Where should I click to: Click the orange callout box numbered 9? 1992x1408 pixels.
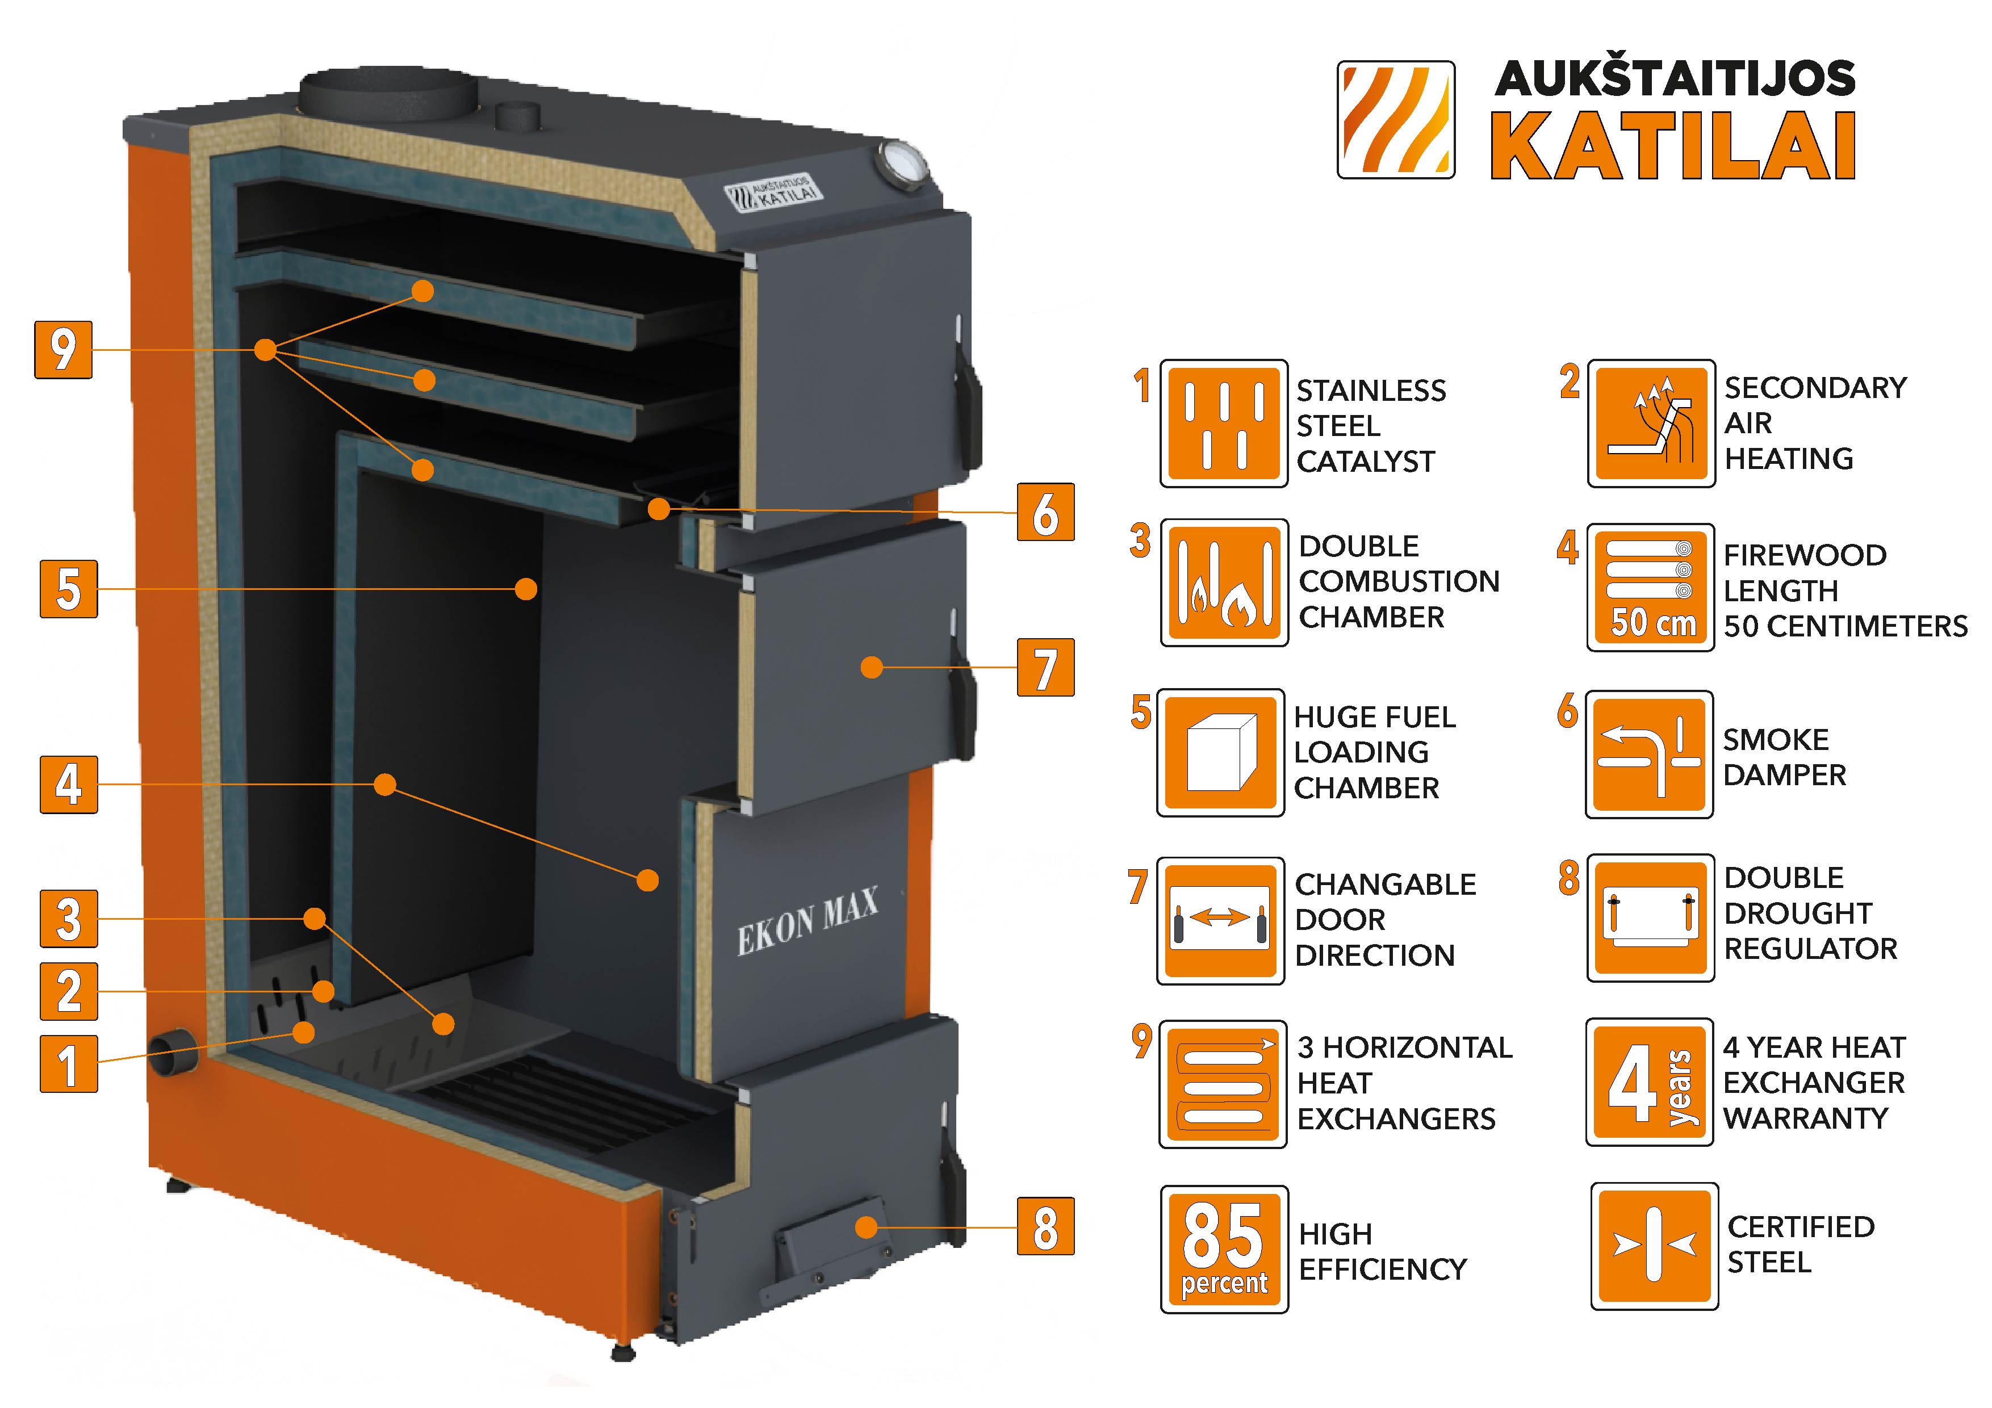pyautogui.click(x=64, y=350)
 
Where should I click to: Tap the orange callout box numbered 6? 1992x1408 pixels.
pyautogui.click(x=1045, y=513)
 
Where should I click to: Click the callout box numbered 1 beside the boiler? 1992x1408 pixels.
pyautogui.click(x=69, y=1063)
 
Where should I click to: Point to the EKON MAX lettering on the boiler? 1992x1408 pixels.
pyautogui.click(x=807, y=921)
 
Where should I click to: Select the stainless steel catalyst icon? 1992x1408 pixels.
pyautogui.click(x=1223, y=424)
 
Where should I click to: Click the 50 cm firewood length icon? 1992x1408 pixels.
pyautogui.click(x=1650, y=587)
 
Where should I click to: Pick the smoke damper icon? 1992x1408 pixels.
pyautogui.click(x=1648, y=755)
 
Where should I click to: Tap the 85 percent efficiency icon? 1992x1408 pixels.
pyautogui.click(x=1223, y=1249)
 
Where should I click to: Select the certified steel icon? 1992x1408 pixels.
pyautogui.click(x=1654, y=1246)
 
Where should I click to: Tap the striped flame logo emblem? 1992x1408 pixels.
pyautogui.click(x=1396, y=120)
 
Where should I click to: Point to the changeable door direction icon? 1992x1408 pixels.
pyautogui.click(x=1220, y=920)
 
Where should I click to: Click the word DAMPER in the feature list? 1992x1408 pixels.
pyautogui.click(x=1784, y=775)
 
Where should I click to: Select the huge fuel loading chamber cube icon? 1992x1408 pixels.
pyautogui.click(x=1220, y=753)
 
